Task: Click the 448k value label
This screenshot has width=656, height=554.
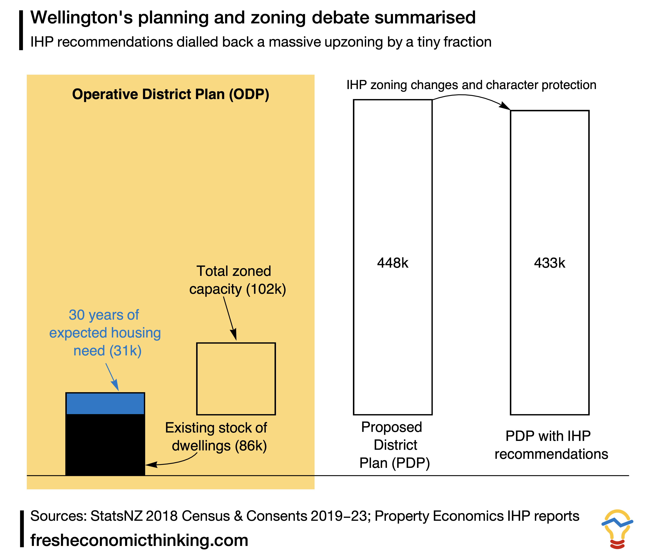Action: pos(393,263)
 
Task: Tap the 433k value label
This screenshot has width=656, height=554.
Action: pos(550,263)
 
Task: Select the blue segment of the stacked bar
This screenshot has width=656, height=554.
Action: pos(105,404)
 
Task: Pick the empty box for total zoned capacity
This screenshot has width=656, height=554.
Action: pos(236,378)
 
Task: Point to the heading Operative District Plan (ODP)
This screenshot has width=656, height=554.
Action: pos(170,94)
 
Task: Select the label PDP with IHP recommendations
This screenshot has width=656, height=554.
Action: pos(551,445)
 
